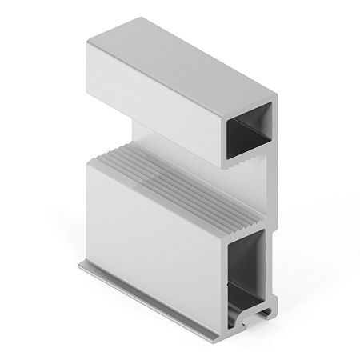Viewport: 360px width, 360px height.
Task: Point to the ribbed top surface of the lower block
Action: [x=176, y=180]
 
